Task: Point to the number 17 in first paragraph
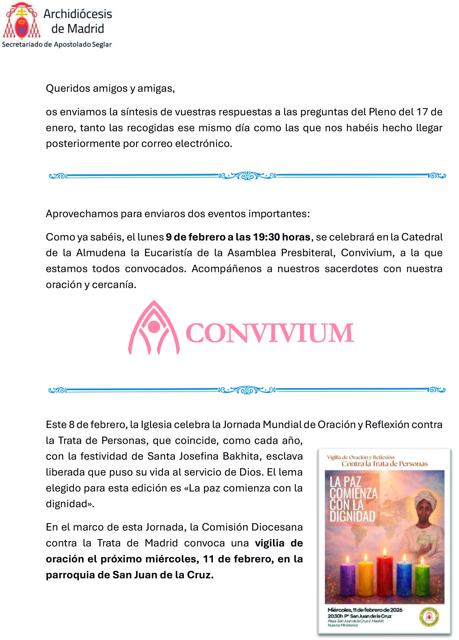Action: pyautogui.click(x=422, y=112)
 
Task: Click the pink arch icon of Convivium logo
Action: pyautogui.click(x=154, y=327)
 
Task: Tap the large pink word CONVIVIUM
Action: pyautogui.click(x=269, y=333)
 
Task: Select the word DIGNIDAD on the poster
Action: pyautogui.click(x=352, y=516)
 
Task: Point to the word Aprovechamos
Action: pyautogui.click(x=82, y=214)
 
